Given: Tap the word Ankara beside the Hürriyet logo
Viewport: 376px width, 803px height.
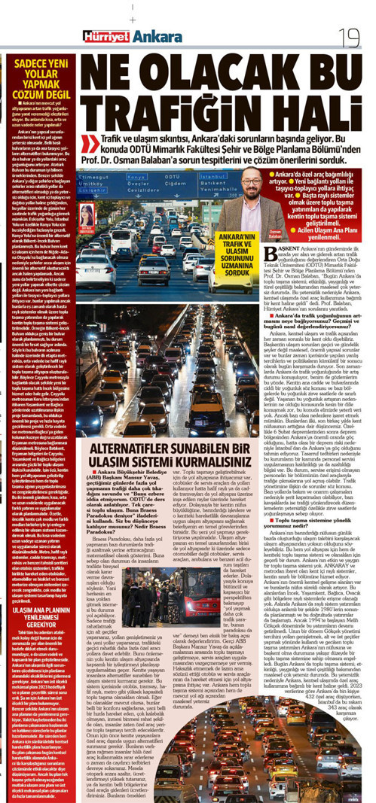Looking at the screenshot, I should pyautogui.click(x=154, y=36).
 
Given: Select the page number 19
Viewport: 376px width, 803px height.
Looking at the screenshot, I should pyautogui.click(x=351, y=35).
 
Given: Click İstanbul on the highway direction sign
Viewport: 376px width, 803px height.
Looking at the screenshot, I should pyautogui.click(x=213, y=176).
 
